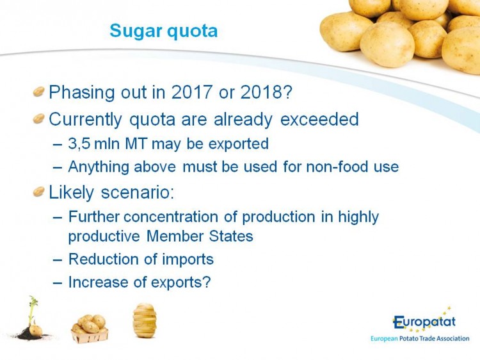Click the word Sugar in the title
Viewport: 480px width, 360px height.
point(136,31)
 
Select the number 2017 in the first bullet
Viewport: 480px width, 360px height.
point(191,92)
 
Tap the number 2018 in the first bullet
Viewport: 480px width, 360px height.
point(260,92)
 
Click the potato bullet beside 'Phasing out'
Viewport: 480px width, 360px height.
point(39,92)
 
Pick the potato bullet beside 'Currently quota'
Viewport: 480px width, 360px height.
point(39,119)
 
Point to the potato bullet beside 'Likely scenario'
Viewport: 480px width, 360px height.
point(39,192)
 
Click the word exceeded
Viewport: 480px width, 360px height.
point(319,119)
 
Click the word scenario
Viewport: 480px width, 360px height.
point(138,192)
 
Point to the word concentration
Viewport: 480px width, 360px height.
point(171,217)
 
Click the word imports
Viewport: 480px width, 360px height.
point(188,259)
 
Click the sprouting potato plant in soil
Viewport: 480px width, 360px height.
point(32,318)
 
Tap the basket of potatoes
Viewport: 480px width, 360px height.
point(90,329)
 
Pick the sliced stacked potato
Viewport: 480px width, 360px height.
point(145,320)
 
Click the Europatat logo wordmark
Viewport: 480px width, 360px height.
point(424,322)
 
